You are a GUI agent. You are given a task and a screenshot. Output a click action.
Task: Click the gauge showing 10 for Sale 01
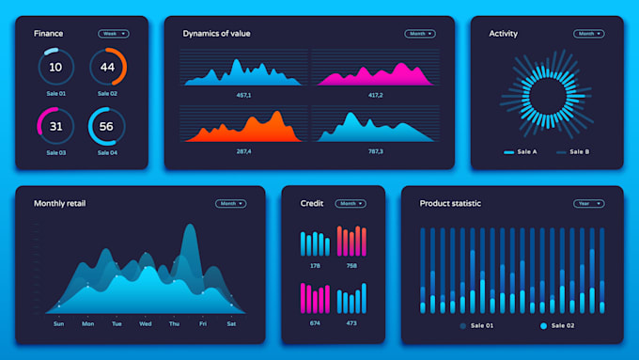(55, 67)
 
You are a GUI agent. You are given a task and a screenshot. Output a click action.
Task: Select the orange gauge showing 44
(107, 67)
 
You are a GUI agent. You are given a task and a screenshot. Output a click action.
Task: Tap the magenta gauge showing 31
(55, 126)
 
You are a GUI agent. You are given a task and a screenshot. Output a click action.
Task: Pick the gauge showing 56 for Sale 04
(107, 126)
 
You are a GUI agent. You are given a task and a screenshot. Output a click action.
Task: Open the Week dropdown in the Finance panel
(113, 34)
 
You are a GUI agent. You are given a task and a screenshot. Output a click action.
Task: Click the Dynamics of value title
(216, 34)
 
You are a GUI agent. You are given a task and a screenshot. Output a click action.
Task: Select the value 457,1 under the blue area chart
(243, 95)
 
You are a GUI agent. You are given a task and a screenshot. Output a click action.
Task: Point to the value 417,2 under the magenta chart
(376, 95)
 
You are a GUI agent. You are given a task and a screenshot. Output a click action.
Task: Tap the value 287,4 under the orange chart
(243, 150)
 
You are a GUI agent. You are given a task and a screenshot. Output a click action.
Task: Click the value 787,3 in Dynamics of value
(376, 150)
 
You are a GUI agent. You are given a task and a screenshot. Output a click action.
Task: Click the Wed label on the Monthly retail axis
(145, 323)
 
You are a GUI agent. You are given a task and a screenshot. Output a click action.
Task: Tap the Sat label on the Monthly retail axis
(230, 323)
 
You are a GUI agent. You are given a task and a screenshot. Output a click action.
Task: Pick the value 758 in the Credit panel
(351, 266)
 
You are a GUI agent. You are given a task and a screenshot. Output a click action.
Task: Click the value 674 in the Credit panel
(315, 323)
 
